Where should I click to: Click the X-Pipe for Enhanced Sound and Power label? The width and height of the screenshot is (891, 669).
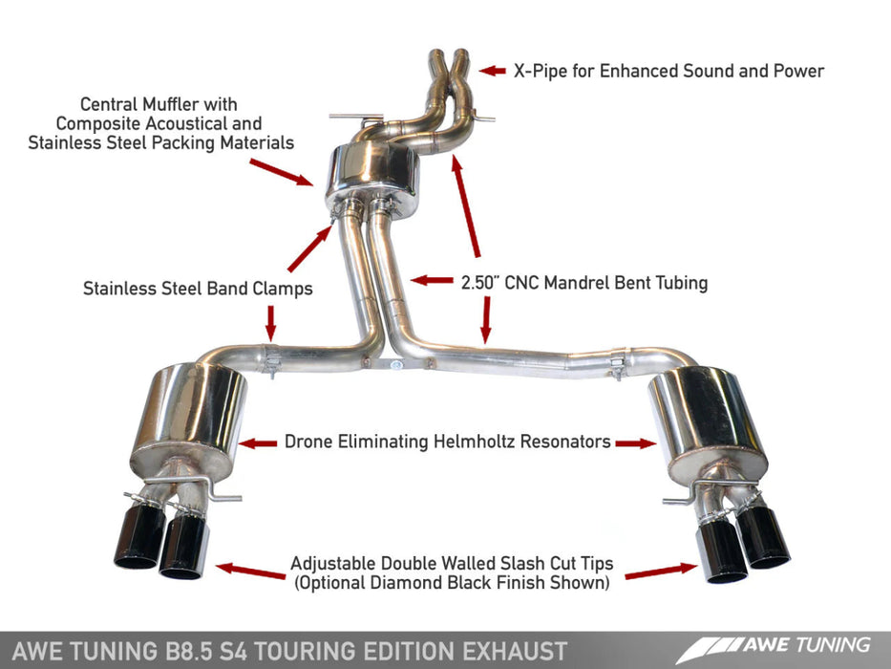tap(668, 71)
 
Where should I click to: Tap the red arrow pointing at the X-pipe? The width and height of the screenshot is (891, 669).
tap(492, 71)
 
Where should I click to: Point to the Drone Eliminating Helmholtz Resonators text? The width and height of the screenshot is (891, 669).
tap(447, 442)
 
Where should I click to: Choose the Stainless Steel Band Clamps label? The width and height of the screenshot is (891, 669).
tap(198, 289)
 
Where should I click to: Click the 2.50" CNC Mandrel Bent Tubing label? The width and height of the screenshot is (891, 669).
tap(583, 283)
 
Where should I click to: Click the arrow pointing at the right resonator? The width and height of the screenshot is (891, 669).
tap(635, 442)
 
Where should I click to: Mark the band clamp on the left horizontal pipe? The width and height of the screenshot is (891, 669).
tap(270, 363)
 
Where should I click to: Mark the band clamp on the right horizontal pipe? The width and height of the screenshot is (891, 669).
tap(617, 367)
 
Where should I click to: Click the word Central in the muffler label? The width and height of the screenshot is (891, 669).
tap(114, 103)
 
